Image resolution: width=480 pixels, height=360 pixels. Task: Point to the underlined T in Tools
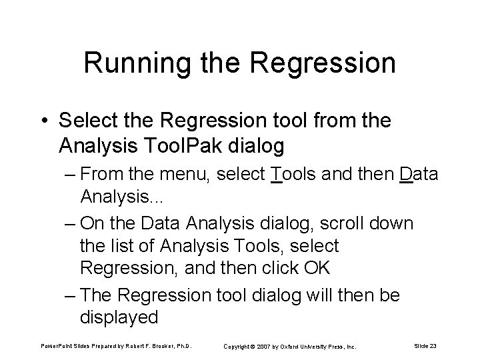pos(277,175)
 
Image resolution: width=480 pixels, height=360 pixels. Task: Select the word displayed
pos(119,316)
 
